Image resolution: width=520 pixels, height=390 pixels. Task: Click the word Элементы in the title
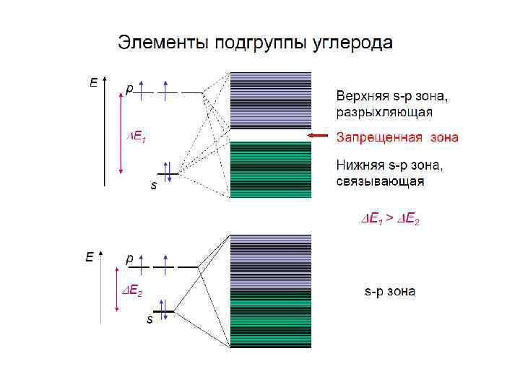pos(161,43)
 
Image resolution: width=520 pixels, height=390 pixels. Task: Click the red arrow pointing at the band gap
pos(318,136)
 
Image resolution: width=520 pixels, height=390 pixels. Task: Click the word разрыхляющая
pos(384,112)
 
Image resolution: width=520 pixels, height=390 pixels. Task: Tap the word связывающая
pos(380,181)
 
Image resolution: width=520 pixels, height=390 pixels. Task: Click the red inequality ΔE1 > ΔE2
pos(390,218)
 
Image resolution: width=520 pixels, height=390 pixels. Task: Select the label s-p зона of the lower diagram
pos(389,292)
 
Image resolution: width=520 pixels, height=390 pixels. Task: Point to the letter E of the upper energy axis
pos(92,83)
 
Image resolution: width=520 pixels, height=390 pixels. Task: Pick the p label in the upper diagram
pos(129,89)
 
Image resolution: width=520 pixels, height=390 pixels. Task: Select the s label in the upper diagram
pos(153,186)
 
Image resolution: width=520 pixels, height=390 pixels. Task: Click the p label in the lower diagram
pos(129,256)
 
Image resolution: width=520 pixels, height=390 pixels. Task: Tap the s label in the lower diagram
pos(149,318)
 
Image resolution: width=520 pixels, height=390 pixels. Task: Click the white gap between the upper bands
pos(270,135)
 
